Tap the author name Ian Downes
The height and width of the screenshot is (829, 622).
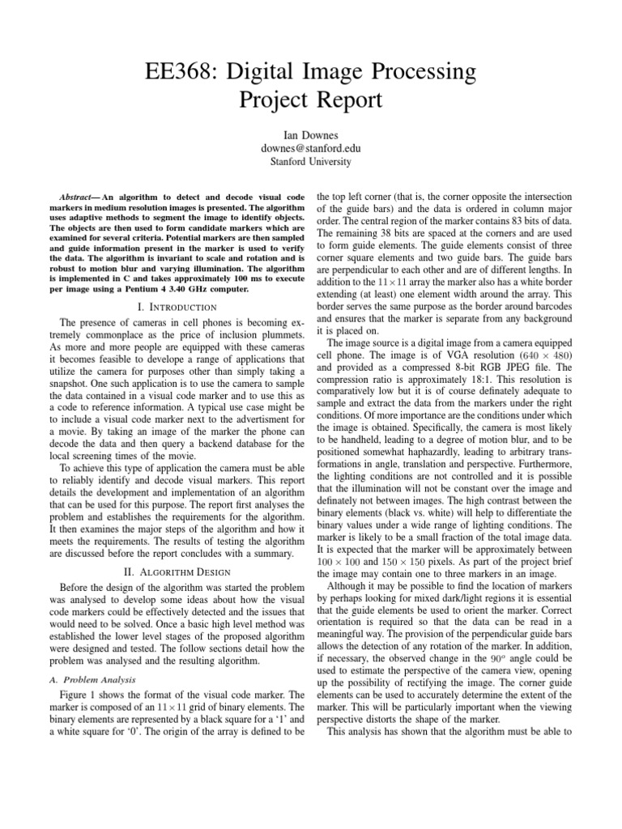(310, 134)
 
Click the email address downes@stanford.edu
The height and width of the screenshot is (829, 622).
(310, 148)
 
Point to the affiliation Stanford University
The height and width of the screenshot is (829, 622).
(310, 162)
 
